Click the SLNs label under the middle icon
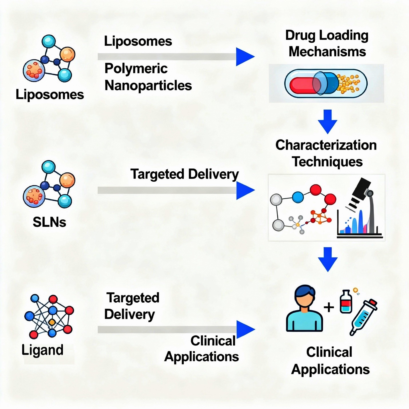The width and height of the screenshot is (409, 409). point(49,222)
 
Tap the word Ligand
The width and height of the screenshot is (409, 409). point(42,350)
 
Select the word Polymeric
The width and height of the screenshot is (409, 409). point(136,69)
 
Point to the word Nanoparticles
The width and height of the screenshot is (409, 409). point(148,85)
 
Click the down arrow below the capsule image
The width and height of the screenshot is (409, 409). point(327,122)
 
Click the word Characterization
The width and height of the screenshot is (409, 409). point(326,145)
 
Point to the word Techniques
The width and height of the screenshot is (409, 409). point(327,162)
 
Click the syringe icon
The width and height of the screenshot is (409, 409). point(364,317)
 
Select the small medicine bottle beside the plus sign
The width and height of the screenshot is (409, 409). point(346,302)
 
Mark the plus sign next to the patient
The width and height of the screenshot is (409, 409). point(329,307)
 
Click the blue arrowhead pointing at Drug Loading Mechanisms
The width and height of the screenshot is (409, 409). point(245,57)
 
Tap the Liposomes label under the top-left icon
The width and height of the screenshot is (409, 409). point(49,95)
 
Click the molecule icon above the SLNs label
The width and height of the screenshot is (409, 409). point(49,184)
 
